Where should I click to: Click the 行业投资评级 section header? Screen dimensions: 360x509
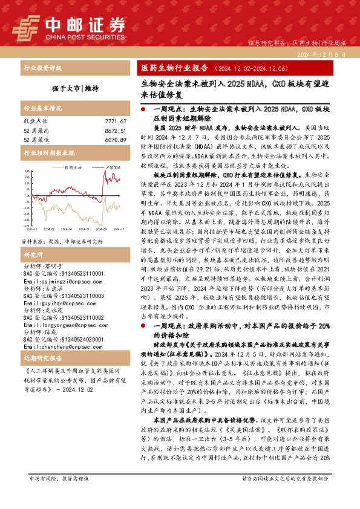coord(42,68)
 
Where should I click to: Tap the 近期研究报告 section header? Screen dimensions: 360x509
coord(42,358)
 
